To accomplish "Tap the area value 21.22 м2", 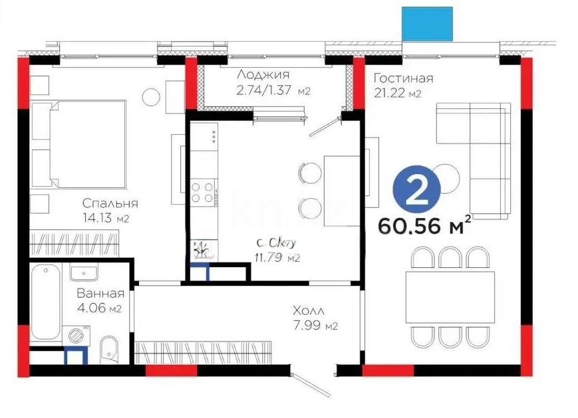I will click(x=397, y=94).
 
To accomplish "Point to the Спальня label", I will click(x=110, y=203).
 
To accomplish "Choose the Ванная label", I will click(x=100, y=293).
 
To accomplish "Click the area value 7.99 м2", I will click(x=316, y=326).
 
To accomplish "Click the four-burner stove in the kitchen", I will click(x=204, y=191).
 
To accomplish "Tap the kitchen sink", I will click(x=202, y=250).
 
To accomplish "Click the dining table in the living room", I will click(x=450, y=296).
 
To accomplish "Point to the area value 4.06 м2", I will click(x=100, y=308).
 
